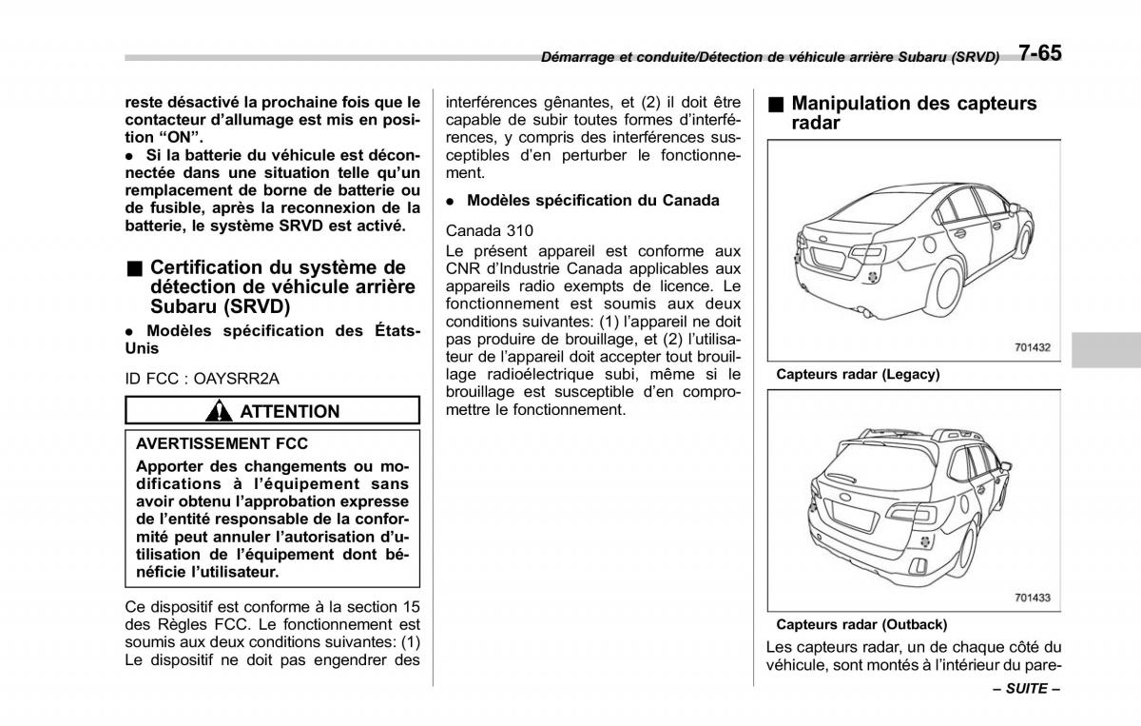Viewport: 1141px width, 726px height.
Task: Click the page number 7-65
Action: coord(1038,53)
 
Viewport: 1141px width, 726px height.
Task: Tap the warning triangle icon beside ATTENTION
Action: coord(221,411)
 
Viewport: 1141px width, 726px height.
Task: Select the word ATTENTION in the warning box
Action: coord(289,411)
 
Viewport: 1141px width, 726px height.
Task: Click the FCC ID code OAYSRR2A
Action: coord(237,378)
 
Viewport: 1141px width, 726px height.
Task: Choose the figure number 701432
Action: coord(1032,348)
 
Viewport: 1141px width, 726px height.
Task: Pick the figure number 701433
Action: coord(1032,598)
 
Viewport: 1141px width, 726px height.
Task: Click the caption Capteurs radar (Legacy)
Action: coord(858,375)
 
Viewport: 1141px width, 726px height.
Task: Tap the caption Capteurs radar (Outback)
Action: coord(861,625)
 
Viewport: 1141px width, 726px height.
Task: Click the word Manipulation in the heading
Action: coord(851,103)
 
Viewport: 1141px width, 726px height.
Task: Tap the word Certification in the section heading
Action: coord(205,267)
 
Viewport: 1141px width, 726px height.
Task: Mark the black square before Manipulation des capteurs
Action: coord(777,103)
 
